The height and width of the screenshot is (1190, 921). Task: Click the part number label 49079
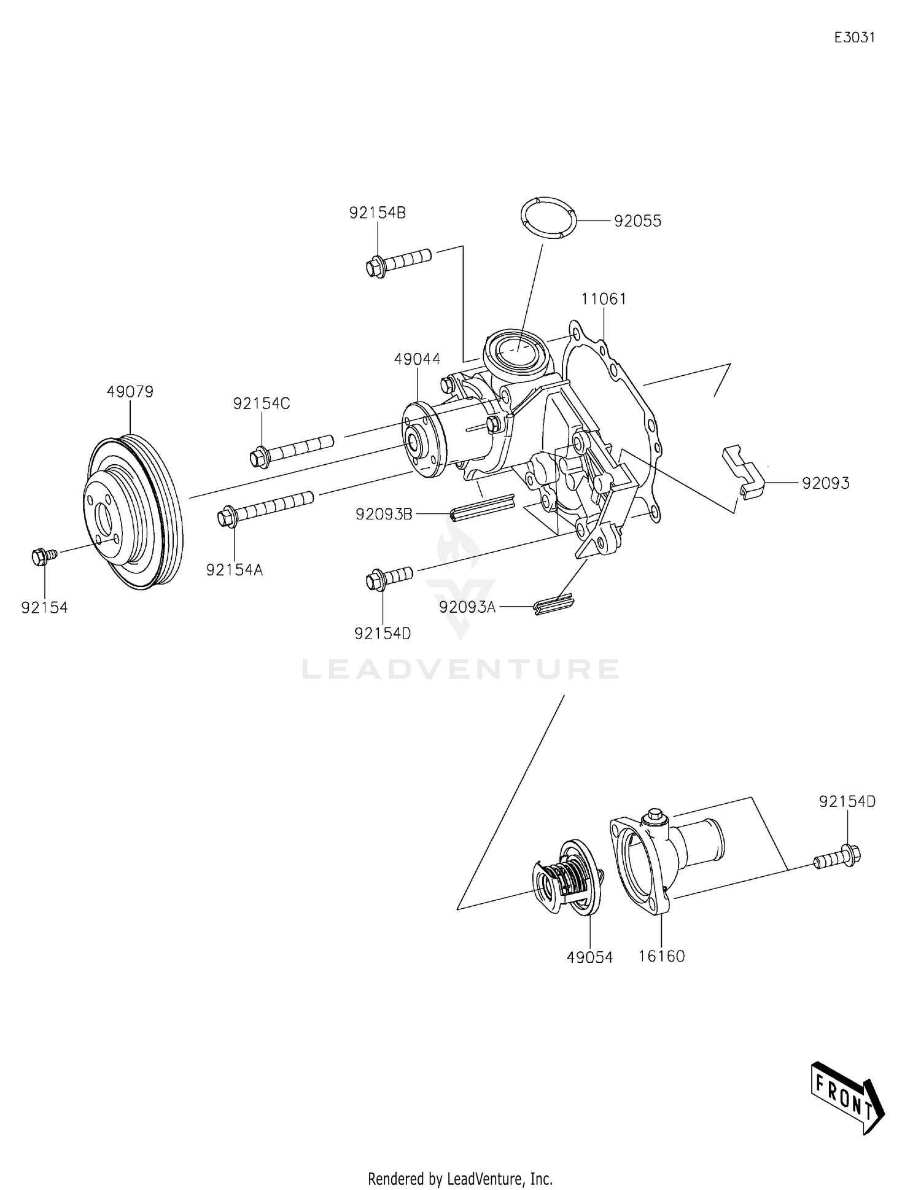(x=130, y=392)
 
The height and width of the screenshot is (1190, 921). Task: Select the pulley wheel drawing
(x=133, y=512)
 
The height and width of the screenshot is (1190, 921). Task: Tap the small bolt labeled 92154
(x=43, y=556)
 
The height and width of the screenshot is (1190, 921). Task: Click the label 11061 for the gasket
(x=604, y=299)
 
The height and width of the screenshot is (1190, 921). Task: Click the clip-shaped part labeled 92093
(x=742, y=470)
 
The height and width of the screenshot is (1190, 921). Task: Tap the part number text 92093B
(x=384, y=514)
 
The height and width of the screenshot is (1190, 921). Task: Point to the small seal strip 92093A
(x=554, y=605)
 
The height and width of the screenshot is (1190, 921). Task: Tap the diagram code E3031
(x=854, y=37)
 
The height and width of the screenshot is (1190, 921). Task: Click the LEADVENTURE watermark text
(x=460, y=669)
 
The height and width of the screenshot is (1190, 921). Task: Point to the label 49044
(x=417, y=359)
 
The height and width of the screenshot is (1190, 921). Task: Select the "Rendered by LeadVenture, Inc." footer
(x=460, y=1178)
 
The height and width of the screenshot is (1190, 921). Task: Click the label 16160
(x=661, y=956)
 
